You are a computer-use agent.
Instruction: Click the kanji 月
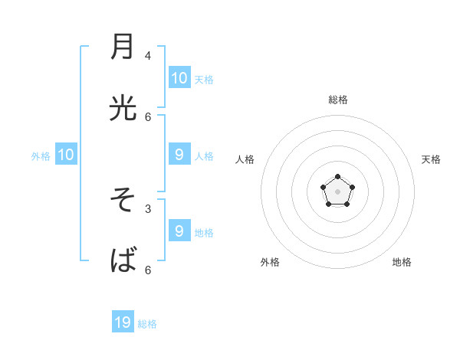(123, 47)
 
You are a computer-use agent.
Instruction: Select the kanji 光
(123, 110)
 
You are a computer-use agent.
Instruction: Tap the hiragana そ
(123, 200)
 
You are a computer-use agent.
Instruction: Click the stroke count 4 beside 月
(148, 55)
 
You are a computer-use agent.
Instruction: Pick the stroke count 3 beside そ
(148, 208)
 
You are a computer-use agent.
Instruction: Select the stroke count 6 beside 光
(148, 116)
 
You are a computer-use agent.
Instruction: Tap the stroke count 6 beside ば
(148, 270)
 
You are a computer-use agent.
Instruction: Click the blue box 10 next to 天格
(179, 77)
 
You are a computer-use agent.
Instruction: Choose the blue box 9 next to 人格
(179, 154)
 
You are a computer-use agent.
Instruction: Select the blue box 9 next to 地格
(179, 231)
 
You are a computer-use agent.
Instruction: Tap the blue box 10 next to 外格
(66, 154)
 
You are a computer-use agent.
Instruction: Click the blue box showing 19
(123, 322)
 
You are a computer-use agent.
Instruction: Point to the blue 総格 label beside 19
(147, 324)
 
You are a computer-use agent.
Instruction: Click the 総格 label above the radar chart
(338, 100)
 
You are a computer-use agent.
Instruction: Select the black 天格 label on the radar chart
(431, 159)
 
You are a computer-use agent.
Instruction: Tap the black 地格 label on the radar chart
(402, 262)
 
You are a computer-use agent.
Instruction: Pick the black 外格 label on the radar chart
(270, 262)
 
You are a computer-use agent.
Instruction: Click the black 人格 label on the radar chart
(245, 159)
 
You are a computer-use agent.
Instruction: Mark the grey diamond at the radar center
(338, 191)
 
